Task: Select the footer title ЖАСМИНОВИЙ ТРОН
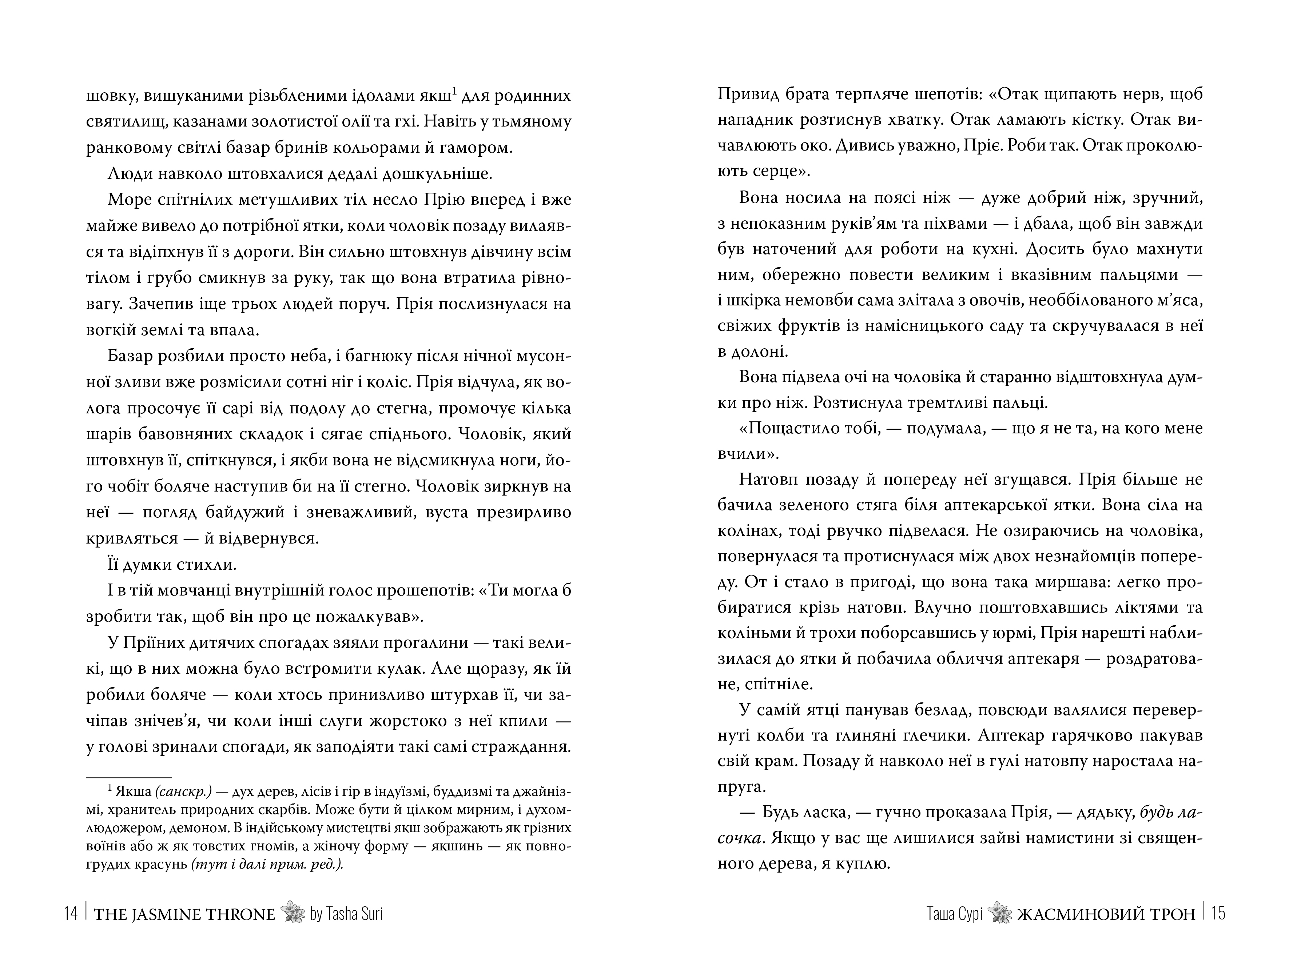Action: [x=1106, y=914]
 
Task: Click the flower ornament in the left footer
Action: [x=293, y=913]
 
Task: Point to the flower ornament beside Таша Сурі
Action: [x=1000, y=913]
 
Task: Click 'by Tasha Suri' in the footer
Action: [x=346, y=914]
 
